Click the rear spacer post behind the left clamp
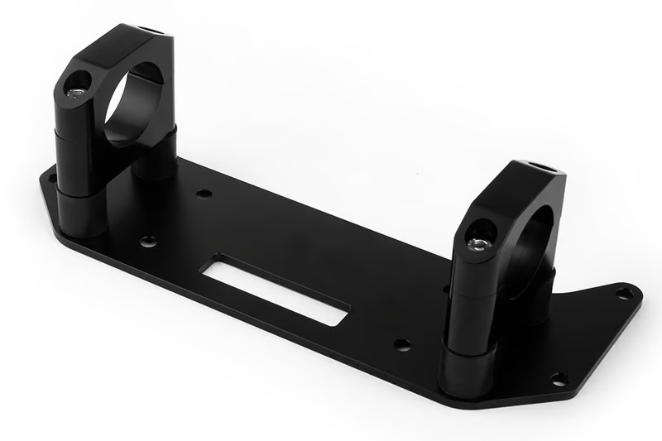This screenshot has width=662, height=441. [x=156, y=157]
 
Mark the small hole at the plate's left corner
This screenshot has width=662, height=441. [x=51, y=176]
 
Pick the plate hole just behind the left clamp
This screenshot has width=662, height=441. [x=204, y=194]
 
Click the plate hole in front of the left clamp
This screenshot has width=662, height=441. [x=148, y=242]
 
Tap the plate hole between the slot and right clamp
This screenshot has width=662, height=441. [x=402, y=344]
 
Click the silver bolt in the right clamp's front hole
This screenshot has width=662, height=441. [x=477, y=242]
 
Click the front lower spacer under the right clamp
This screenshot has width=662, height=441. [x=468, y=367]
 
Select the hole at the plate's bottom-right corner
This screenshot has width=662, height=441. [x=559, y=379]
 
